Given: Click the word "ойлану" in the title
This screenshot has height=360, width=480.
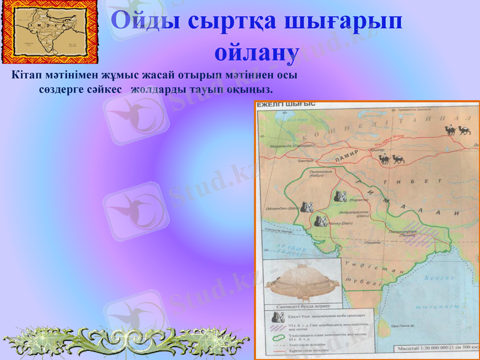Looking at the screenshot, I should (x=256, y=52).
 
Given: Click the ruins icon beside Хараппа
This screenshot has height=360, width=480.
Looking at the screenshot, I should (x=339, y=196).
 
